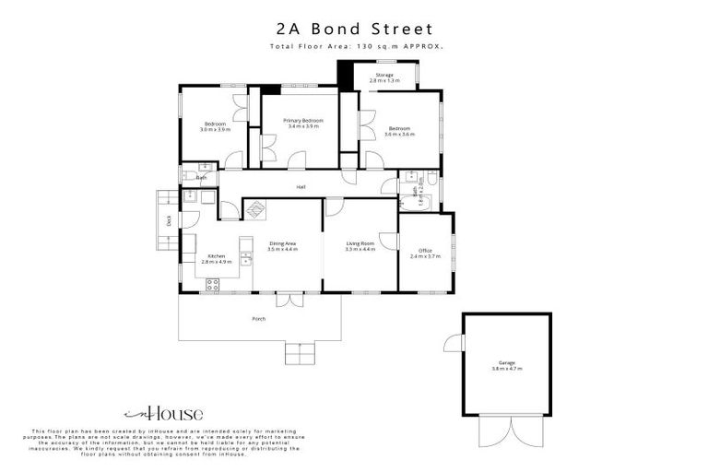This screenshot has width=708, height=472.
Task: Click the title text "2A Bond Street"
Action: click(354, 29)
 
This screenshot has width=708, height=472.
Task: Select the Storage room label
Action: click(383, 75)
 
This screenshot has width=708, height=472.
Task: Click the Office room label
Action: click(425, 250)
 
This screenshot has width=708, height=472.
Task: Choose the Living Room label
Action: click(360, 242)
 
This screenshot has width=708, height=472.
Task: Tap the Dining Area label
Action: click(282, 242)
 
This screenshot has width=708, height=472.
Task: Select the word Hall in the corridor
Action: click(301, 187)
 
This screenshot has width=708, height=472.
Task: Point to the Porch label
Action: click(259, 319)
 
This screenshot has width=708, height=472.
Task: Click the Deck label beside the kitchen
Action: click(169, 220)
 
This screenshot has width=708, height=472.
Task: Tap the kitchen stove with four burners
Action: click(213, 284)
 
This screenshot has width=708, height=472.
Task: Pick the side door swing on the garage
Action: click(452, 342)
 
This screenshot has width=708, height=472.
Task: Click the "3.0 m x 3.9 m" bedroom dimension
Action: click(215, 130)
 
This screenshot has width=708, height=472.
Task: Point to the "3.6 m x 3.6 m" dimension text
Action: click(399, 134)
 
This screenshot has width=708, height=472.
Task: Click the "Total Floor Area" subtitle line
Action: click(354, 46)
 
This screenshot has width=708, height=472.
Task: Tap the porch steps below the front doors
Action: click(299, 352)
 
